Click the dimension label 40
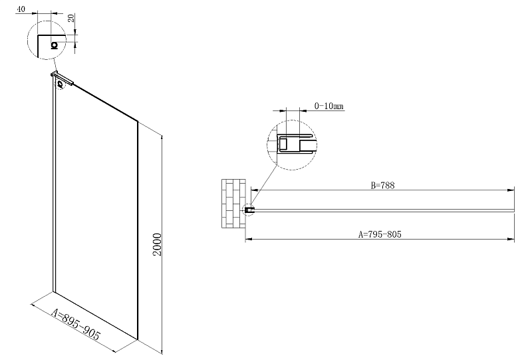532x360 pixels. pos(21,9)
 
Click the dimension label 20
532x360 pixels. pos(71,18)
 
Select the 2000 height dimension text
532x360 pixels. pos(157,244)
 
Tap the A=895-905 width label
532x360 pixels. pos(76,325)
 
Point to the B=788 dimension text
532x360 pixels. pos(383,186)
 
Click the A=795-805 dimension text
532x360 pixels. pos(380,234)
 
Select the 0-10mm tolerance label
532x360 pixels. pos(329,106)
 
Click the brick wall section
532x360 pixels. pos(233,204)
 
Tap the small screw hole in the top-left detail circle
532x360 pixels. pos(55,45)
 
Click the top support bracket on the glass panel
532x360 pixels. pos(63,78)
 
